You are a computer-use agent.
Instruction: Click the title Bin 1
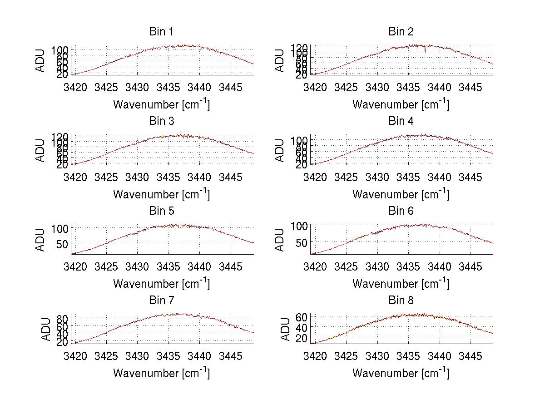(161, 32)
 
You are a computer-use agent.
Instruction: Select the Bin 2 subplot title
(401, 32)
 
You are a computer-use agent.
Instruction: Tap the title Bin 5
(161, 211)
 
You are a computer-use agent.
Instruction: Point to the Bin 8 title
(401, 301)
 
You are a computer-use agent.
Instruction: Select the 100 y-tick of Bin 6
(300, 226)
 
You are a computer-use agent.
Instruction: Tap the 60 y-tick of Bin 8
(303, 317)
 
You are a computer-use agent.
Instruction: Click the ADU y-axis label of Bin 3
(41, 150)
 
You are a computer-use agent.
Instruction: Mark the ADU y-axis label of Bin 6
(280, 240)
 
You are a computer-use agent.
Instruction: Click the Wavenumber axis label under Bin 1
(161, 104)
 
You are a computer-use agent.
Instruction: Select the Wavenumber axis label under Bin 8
(401, 373)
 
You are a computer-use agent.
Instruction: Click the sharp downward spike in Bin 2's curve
(426, 50)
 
